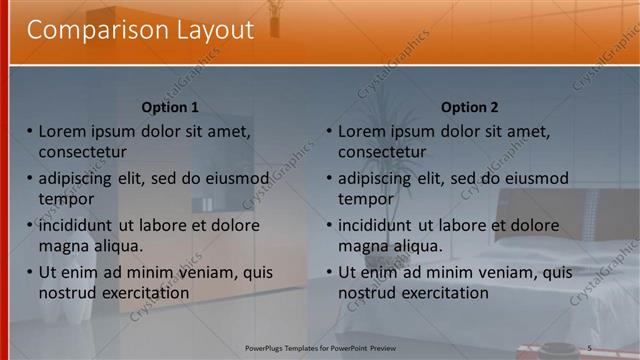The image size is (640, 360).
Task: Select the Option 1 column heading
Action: point(170,107)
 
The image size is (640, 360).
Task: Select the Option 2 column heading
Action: point(469,107)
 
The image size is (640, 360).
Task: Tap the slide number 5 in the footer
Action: point(589,347)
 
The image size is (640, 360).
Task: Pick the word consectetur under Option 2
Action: point(382,152)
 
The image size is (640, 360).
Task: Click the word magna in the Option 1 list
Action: point(64,246)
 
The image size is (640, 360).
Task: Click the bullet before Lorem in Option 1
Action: point(30,131)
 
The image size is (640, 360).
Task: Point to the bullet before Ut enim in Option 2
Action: point(329,273)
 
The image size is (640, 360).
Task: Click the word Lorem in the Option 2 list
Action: point(362,131)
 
